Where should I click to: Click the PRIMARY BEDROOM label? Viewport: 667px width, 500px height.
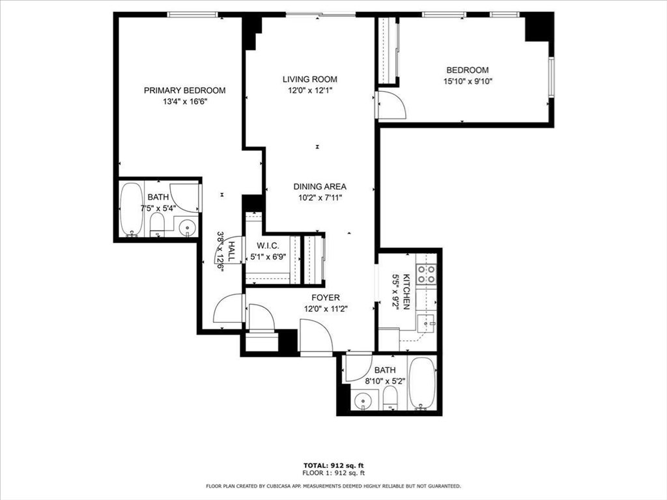pyautogui.click(x=184, y=90)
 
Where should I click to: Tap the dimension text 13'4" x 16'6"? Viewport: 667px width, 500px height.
pyautogui.click(x=184, y=102)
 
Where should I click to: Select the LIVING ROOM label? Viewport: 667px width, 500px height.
pyautogui.click(x=309, y=79)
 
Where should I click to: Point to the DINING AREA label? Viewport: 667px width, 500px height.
pyautogui.click(x=319, y=186)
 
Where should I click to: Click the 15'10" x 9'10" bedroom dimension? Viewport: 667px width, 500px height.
pyautogui.click(x=467, y=81)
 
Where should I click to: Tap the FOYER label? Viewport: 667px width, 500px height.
pyautogui.click(x=325, y=298)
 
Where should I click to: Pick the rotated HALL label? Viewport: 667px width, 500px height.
pyautogui.click(x=231, y=251)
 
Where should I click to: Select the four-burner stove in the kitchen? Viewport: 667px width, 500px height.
pyautogui.click(x=426, y=274)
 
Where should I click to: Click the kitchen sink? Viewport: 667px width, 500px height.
pyautogui.click(x=426, y=322)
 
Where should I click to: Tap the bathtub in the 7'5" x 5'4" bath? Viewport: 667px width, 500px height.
pyautogui.click(x=132, y=209)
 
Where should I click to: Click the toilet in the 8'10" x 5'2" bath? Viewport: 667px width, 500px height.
pyautogui.click(x=390, y=398)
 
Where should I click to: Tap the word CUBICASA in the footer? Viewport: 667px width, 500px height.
pyautogui.click(x=291, y=486)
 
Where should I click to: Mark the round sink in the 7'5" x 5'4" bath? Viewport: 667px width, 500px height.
pyautogui.click(x=187, y=227)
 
